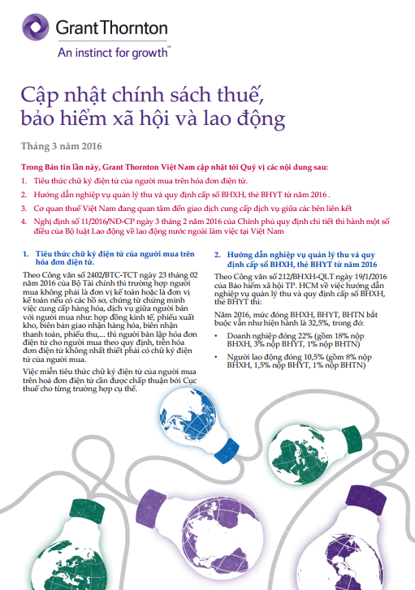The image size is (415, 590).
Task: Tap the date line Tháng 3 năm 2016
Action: tap(56, 146)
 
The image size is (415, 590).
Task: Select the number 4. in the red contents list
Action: tap(24, 222)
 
